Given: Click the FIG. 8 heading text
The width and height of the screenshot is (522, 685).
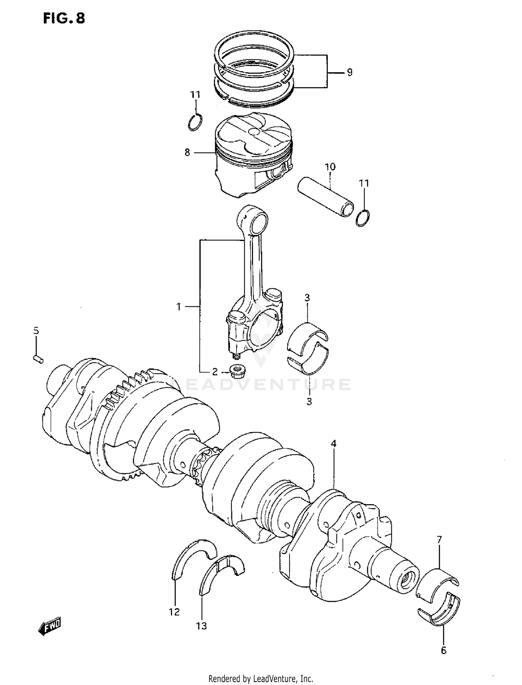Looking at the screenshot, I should [64, 18].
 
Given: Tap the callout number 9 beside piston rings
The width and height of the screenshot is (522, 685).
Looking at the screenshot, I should [349, 72].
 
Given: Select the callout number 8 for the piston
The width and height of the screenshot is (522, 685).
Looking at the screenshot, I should [187, 152].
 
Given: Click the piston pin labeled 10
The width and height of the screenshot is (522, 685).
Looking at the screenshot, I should [325, 196].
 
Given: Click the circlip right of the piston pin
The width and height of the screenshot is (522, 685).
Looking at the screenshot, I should [363, 218].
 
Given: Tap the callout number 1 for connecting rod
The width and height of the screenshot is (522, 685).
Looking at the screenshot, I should [179, 307].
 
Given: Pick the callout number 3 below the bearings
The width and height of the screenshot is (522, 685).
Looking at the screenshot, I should [309, 401].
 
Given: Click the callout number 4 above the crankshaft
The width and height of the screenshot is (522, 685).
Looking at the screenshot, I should [333, 444].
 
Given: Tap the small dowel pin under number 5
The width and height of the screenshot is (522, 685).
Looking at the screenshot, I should [38, 359].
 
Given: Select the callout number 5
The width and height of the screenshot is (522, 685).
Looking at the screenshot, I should [36, 331].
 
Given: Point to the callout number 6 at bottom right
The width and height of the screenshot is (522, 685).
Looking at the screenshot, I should [443, 650].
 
